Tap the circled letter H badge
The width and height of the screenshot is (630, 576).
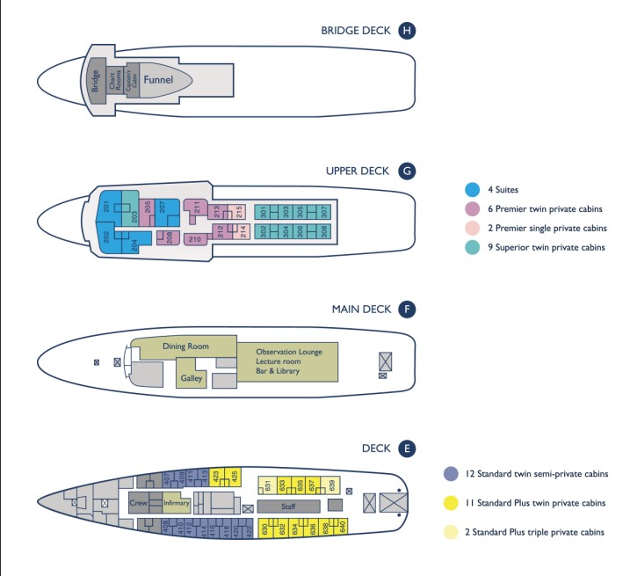406,31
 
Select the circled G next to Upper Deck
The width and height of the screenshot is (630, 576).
406,171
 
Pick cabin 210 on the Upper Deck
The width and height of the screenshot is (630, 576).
195,239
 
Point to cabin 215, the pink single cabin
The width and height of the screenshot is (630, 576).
239,212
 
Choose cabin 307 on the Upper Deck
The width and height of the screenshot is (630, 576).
323,212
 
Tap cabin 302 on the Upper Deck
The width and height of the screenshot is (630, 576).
263,231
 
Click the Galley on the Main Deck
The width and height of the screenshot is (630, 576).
192,378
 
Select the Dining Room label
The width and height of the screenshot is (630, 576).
183,346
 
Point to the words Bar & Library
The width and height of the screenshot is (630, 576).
278,371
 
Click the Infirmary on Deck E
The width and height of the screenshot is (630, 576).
176,503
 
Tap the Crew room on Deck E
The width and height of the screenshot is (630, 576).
139,503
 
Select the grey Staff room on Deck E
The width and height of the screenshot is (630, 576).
288,507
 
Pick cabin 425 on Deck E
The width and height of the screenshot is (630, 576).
235,477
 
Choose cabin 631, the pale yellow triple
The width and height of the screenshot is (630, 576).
267,485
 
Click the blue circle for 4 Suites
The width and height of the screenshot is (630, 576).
472,189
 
